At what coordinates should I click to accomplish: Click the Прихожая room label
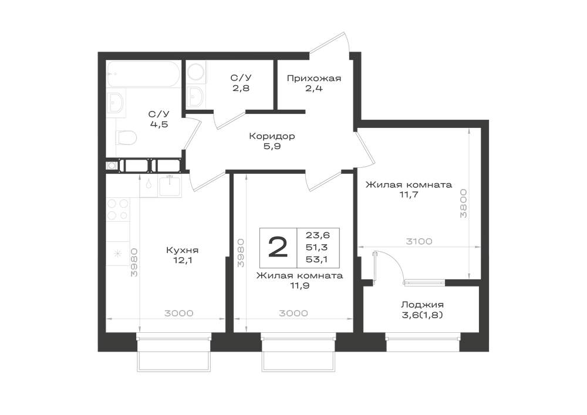coord(314,79)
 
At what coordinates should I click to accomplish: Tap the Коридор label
coord(272,136)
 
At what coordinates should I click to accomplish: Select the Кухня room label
coord(183,250)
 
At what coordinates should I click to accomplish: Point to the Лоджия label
coord(422,305)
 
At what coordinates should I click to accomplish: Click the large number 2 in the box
coord(278,247)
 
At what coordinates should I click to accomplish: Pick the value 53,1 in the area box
coord(317,259)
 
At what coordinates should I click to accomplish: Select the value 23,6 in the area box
coord(318,235)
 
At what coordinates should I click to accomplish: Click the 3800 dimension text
coord(464,204)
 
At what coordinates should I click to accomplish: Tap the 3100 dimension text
coord(419,241)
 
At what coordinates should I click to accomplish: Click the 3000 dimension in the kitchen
coord(179,313)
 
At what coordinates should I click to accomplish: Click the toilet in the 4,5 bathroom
coord(126,137)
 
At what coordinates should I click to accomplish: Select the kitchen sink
coord(170,185)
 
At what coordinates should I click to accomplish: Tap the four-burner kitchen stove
coord(118,210)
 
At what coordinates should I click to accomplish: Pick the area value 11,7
coord(409,195)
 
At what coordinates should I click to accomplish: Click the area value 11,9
coord(299,286)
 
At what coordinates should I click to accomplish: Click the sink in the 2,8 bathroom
coord(196,96)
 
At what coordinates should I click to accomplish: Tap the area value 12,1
coord(183,260)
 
